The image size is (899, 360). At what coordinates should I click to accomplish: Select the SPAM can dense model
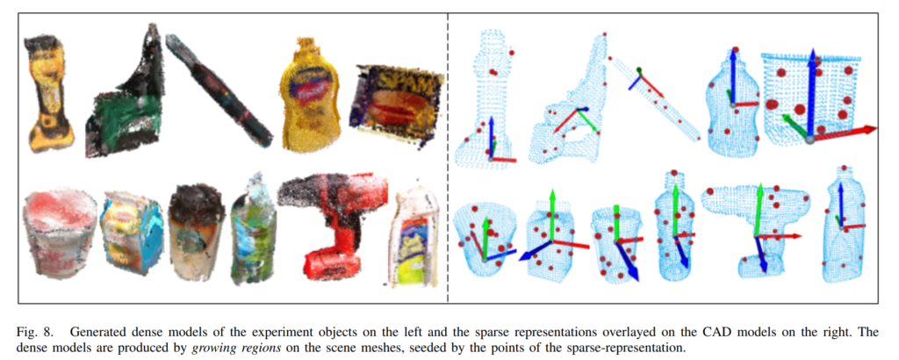(397, 106)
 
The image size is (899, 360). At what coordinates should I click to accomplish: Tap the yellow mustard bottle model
(309, 96)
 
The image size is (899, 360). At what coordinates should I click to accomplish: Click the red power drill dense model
(333, 227)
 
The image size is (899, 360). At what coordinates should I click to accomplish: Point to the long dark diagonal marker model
(219, 89)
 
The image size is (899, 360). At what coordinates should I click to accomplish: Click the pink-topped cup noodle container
(60, 235)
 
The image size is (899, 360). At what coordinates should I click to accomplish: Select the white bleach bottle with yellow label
(414, 237)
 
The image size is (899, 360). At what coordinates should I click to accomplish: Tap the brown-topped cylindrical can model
(194, 232)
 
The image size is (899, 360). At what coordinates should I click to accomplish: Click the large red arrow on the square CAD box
(844, 133)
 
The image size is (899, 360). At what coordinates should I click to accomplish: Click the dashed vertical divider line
(447, 158)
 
